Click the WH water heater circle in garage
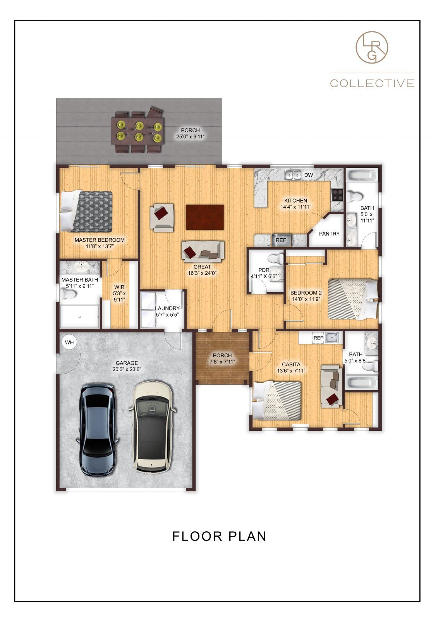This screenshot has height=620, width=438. point(69,343)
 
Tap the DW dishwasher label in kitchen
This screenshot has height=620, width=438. point(308,175)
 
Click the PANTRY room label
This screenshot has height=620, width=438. point(329,234)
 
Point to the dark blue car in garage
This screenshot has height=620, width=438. point(97,429)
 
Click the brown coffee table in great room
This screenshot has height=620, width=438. point(204,217)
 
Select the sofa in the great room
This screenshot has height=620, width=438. point(203,251)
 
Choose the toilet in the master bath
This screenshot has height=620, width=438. point(69,295)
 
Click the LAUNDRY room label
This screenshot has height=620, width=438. point(167,308)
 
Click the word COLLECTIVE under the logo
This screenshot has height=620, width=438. point(372,83)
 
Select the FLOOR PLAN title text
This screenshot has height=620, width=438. point(219,536)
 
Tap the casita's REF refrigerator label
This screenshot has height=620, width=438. point(318,338)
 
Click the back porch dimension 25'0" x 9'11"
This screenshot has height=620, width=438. point(190,136)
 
